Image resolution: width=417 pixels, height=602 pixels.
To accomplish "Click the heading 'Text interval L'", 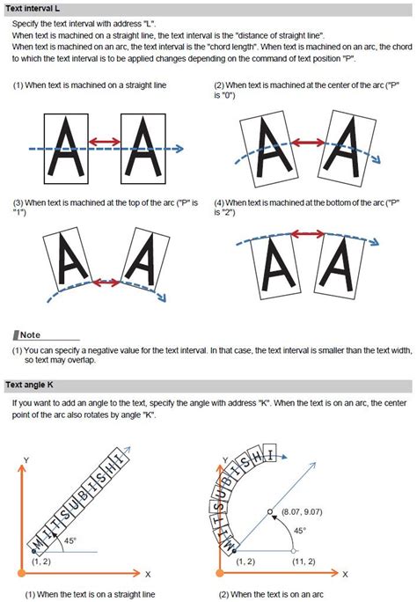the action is (x=33, y=8).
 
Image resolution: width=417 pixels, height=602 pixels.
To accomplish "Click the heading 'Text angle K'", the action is (x=29, y=385).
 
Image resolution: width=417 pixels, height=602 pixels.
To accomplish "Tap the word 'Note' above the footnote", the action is (x=30, y=334).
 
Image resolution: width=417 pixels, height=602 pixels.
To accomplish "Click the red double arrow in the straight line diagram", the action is (x=105, y=142).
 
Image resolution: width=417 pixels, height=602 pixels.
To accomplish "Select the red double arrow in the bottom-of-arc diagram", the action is (x=307, y=234).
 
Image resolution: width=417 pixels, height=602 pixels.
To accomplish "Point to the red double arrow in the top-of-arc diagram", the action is (x=106, y=283).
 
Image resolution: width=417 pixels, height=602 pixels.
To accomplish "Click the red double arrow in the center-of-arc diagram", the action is (x=308, y=143).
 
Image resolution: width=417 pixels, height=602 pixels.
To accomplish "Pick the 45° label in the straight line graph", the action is (x=69, y=540).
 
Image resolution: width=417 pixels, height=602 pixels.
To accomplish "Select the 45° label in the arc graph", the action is (x=300, y=531).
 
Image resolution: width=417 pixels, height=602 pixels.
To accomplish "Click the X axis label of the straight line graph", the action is (x=148, y=575).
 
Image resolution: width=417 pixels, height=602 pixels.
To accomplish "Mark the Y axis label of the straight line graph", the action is (x=26, y=460).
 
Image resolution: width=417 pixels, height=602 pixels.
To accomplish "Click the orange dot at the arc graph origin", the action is (x=220, y=573).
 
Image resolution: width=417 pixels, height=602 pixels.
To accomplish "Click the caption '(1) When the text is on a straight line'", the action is (x=90, y=594).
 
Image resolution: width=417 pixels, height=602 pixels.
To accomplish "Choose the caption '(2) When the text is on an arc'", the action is (x=271, y=594).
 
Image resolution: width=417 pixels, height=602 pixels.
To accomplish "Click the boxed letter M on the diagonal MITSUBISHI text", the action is (x=38, y=544).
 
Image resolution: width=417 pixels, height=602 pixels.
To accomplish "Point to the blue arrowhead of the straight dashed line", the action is (x=179, y=149).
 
